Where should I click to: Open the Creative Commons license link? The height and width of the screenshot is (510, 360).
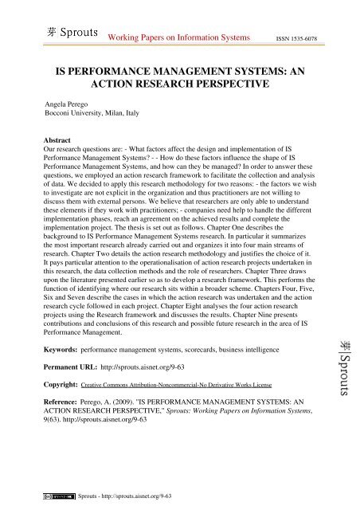(190, 394)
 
